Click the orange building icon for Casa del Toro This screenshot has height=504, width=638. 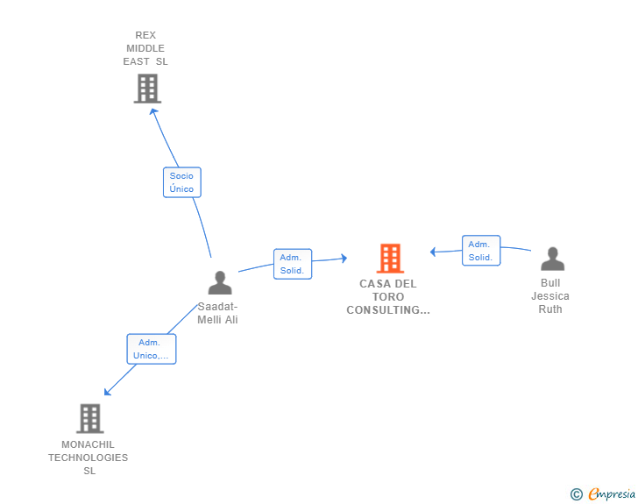390,258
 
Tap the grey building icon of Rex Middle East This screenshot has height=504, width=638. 147,89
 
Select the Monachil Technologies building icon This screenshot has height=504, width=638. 90,418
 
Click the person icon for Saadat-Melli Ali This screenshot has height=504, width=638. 220,282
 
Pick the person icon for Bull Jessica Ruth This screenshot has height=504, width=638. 552,259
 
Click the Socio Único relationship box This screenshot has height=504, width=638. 182,182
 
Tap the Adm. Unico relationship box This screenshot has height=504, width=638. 152,349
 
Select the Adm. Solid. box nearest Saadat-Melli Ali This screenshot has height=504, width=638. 293,264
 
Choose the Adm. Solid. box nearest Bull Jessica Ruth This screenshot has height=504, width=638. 481,251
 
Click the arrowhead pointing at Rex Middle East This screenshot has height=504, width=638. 153,111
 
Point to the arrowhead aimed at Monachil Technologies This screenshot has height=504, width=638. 107,392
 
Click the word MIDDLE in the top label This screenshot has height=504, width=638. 145,48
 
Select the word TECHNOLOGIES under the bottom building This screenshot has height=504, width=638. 88,458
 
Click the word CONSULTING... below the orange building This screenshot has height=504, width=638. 388,310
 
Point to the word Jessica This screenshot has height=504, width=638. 550,296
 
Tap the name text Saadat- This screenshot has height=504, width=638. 217,307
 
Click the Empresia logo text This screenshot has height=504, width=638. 612,494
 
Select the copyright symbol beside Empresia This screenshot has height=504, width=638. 576,494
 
